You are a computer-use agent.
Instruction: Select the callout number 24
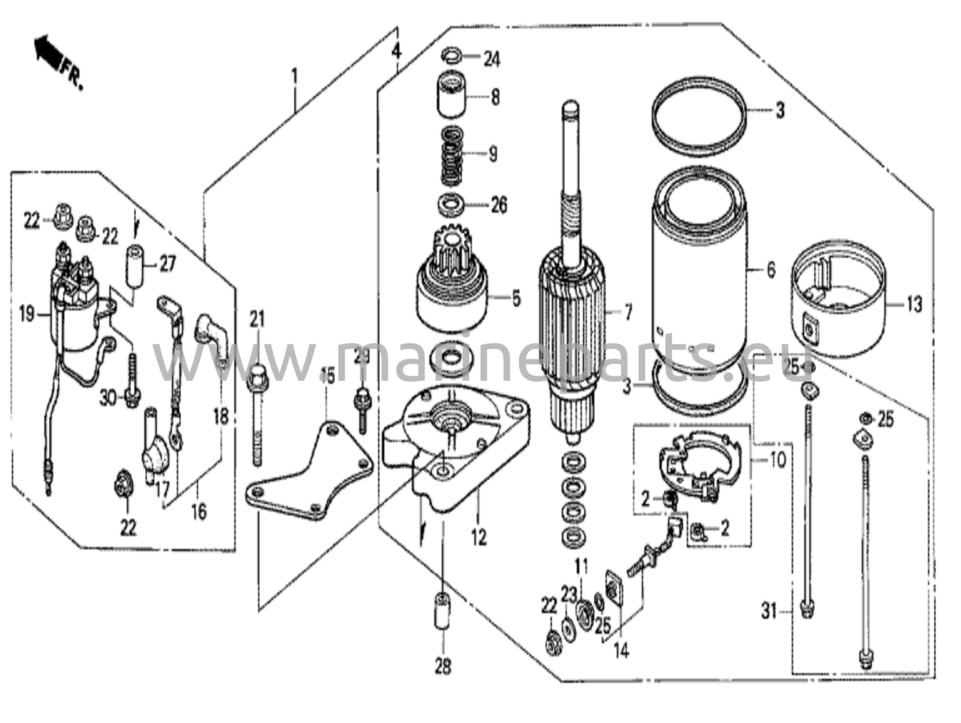coord(492,60)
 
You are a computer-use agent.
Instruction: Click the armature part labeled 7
coord(570,324)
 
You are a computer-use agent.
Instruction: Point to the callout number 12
coord(479,538)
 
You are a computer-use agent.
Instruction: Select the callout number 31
coord(768,612)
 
